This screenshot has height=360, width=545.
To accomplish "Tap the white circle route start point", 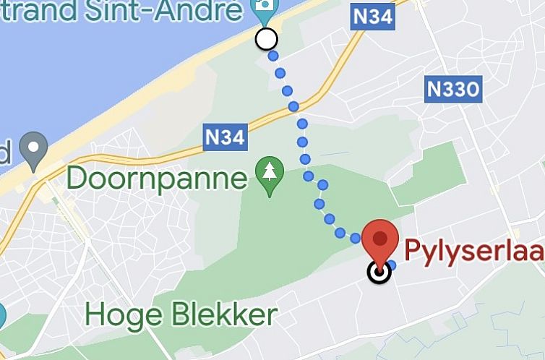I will [x=267, y=39].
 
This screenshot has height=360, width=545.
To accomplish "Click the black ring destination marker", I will [x=379, y=273].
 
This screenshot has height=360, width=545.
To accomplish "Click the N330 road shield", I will [x=453, y=90].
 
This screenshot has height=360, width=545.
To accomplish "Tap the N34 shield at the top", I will [x=374, y=17].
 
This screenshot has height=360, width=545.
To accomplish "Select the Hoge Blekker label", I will [x=181, y=315].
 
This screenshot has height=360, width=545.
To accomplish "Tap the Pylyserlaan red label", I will [x=474, y=251].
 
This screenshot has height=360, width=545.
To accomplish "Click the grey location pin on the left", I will [x=33, y=150].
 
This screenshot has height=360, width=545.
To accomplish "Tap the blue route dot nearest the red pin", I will [x=391, y=265].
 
